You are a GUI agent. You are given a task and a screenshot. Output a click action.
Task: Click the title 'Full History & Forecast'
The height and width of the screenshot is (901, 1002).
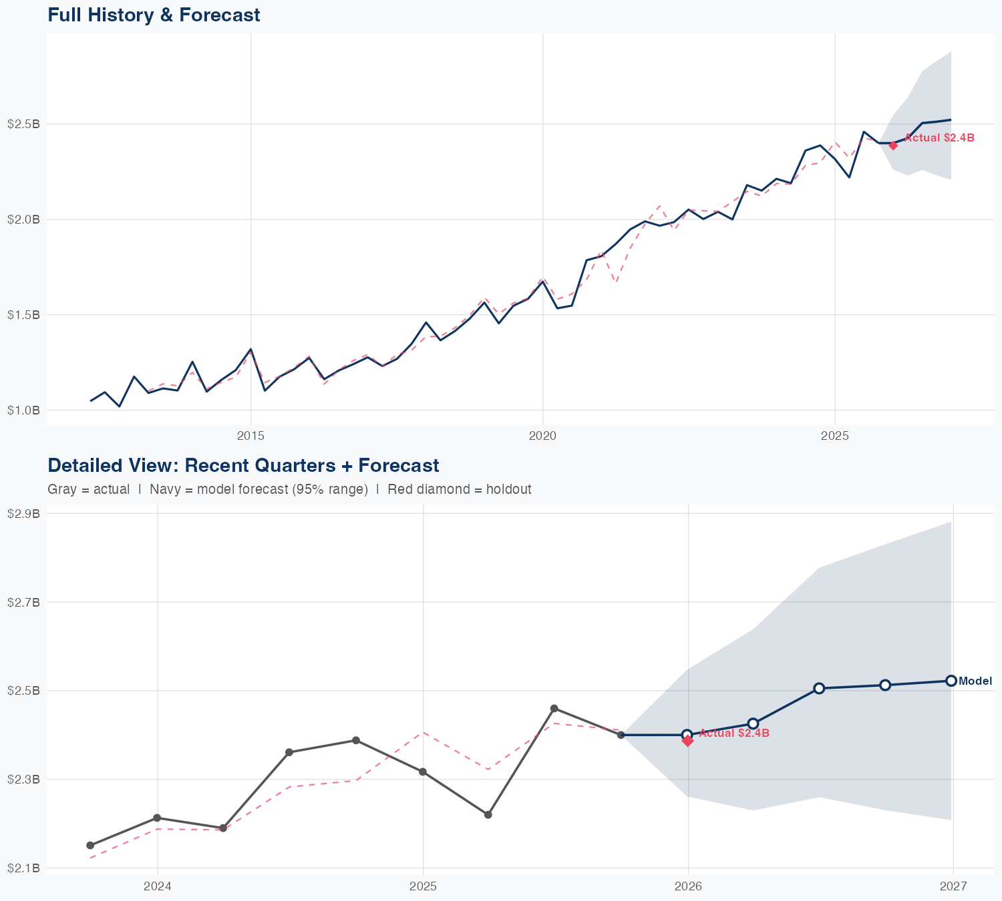[154, 15]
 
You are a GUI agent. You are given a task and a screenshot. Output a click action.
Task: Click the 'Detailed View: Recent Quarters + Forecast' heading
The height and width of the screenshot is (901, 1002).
[243, 465]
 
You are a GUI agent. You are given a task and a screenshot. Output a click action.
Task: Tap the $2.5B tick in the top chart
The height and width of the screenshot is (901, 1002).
[23, 124]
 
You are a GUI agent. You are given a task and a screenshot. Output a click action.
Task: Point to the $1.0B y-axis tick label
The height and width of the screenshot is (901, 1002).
[23, 410]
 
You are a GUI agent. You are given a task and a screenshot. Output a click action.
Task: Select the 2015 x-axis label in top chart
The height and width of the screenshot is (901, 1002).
[251, 436]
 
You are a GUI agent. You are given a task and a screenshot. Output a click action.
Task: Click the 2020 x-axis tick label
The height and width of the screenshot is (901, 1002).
[542, 436]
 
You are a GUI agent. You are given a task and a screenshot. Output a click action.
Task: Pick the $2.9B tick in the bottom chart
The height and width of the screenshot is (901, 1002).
[23, 513]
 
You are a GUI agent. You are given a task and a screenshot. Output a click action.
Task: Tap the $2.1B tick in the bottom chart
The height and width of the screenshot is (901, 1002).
[23, 868]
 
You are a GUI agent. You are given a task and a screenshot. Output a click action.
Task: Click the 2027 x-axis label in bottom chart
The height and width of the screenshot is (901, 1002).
[953, 886]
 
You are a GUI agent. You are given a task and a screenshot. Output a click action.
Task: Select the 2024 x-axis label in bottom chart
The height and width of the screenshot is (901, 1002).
[158, 886]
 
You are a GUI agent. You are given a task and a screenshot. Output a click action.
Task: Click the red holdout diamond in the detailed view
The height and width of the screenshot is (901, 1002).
[687, 740]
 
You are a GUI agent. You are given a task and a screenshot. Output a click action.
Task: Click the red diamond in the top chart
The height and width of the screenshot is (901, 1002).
[893, 145]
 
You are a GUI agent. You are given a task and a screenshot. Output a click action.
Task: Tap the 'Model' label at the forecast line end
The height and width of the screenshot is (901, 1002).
[975, 681]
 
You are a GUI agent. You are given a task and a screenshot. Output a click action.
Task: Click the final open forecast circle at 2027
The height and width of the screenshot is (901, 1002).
[951, 681]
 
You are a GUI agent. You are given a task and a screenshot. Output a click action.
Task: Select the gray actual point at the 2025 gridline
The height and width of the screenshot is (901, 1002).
[423, 772]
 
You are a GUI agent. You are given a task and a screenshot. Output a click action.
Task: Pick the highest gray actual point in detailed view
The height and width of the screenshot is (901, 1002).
[554, 708]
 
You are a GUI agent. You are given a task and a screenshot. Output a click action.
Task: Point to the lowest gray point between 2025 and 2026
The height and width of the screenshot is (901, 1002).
[488, 814]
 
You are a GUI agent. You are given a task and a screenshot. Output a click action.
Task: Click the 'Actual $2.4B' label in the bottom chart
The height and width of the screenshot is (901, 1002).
[734, 733]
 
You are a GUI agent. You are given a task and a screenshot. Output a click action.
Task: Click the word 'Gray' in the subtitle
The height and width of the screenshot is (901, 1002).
[61, 489]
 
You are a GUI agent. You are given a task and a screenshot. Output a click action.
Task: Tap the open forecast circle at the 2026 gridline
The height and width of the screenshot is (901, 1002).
[687, 735]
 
